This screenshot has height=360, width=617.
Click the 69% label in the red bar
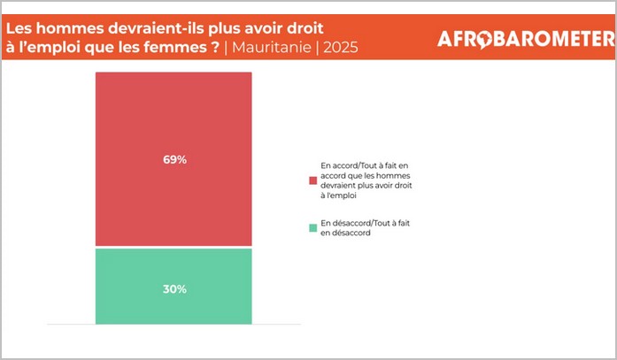pyautogui.click(x=174, y=160)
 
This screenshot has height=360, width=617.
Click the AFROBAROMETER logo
pyautogui.click(x=525, y=39)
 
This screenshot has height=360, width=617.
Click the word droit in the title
pyautogui.click(x=302, y=20)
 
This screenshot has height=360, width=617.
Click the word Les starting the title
pyautogui.click(x=19, y=20)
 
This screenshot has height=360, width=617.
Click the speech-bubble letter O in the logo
pyautogui.click(x=482, y=40)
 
